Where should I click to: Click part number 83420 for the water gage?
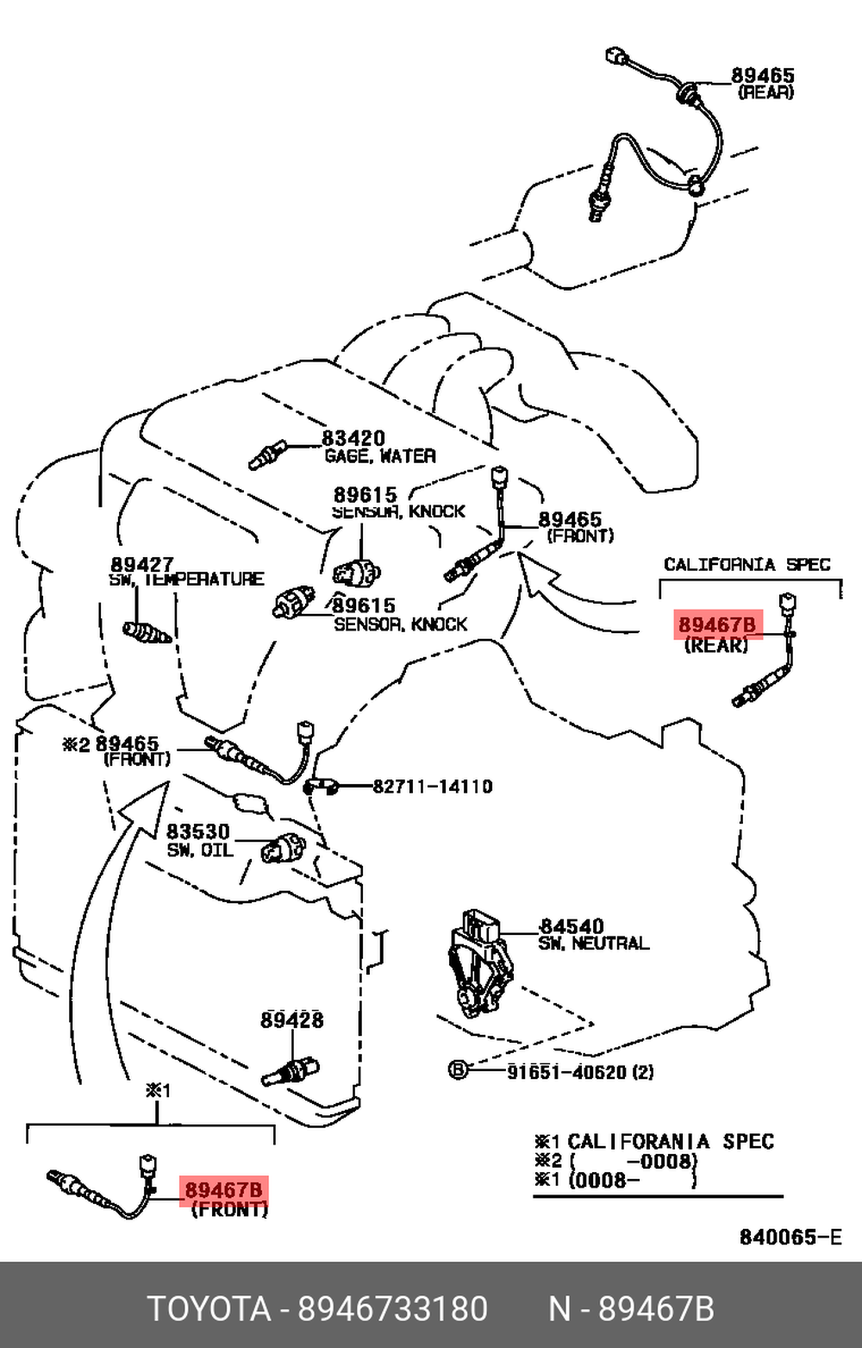(x=353, y=438)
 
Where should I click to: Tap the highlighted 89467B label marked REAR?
(x=716, y=624)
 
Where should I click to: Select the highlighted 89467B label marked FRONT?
(x=223, y=1190)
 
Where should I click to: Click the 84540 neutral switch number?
(x=572, y=926)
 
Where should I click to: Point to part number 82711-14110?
(x=433, y=786)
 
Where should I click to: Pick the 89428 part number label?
(x=292, y=1019)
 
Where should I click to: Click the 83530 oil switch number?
(x=198, y=831)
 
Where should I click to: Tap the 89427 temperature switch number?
(x=142, y=564)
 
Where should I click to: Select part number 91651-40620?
(x=569, y=1072)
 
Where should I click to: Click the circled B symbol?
(x=458, y=1071)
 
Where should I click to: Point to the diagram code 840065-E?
(x=790, y=1238)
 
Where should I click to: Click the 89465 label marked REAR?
(x=763, y=76)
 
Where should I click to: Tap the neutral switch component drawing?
(x=478, y=962)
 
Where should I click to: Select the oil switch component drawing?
(x=284, y=846)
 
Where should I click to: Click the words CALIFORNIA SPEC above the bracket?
(x=746, y=564)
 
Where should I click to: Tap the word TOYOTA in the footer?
(x=209, y=1308)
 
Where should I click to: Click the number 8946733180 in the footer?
(x=393, y=1308)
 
